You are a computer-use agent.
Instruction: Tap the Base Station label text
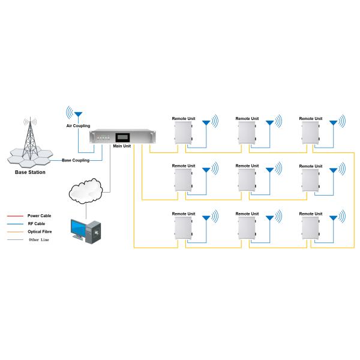[29, 172]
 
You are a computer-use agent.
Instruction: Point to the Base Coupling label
[76, 160]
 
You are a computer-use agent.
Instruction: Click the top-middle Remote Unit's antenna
[270, 122]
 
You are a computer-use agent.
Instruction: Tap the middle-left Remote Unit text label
[184, 166]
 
